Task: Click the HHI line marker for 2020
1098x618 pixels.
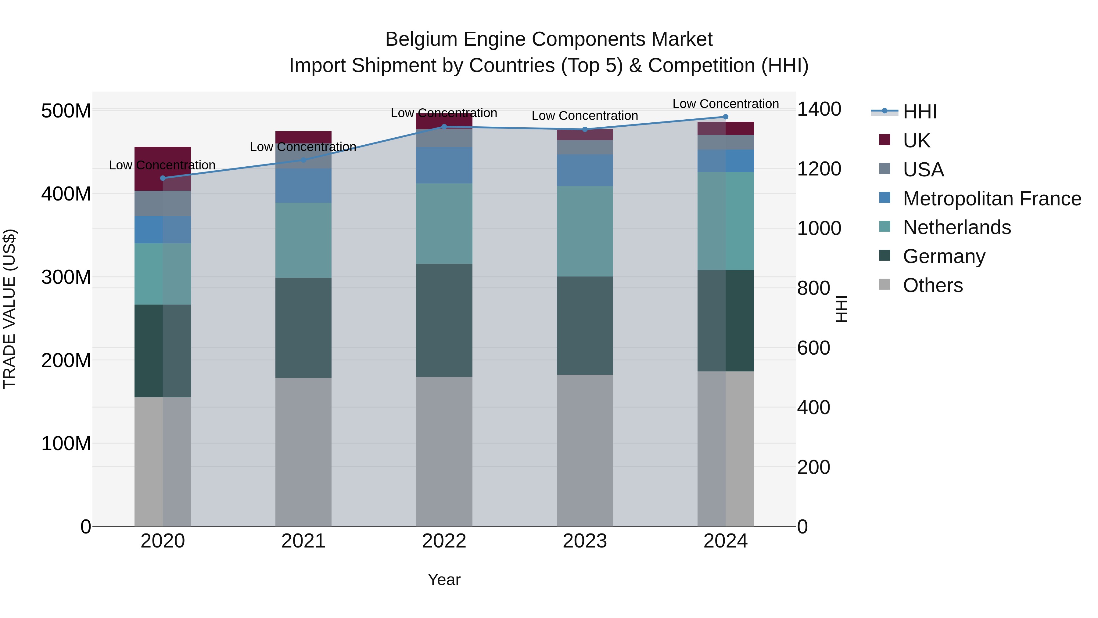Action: (x=162, y=178)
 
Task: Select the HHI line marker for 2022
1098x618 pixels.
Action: (x=444, y=127)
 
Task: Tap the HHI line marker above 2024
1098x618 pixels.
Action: (x=726, y=117)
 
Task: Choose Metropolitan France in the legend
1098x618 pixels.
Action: (x=992, y=198)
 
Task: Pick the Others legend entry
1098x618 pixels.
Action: (x=933, y=285)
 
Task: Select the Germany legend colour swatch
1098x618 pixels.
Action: (x=884, y=255)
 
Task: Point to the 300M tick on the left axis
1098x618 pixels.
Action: (x=66, y=277)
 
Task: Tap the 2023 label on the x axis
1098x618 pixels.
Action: (x=584, y=541)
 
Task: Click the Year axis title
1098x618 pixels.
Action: (x=444, y=580)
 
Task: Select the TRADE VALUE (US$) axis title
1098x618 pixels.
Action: (x=9, y=309)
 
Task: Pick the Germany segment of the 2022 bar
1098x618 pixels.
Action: (x=444, y=320)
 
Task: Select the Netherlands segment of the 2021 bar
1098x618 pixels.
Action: (x=303, y=240)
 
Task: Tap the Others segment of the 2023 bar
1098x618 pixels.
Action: (x=584, y=450)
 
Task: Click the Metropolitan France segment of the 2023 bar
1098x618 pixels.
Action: (x=584, y=170)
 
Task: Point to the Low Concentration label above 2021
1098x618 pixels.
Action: (x=303, y=147)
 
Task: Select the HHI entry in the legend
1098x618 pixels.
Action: (x=919, y=112)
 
